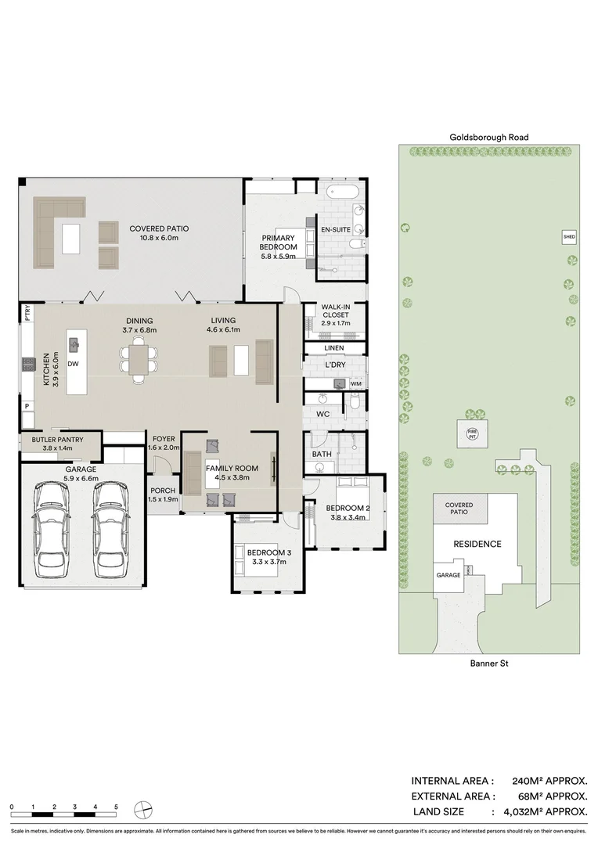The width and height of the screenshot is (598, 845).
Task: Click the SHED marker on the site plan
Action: click(568, 236)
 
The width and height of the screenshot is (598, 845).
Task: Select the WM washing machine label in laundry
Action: click(356, 383)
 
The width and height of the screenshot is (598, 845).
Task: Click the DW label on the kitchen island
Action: click(73, 364)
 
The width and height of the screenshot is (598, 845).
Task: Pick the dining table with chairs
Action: click(139, 361)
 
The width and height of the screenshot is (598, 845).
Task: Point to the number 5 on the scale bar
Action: click(116, 806)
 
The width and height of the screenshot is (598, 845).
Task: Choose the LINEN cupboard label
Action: click(334, 347)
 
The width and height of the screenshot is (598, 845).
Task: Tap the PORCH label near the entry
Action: click(164, 492)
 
